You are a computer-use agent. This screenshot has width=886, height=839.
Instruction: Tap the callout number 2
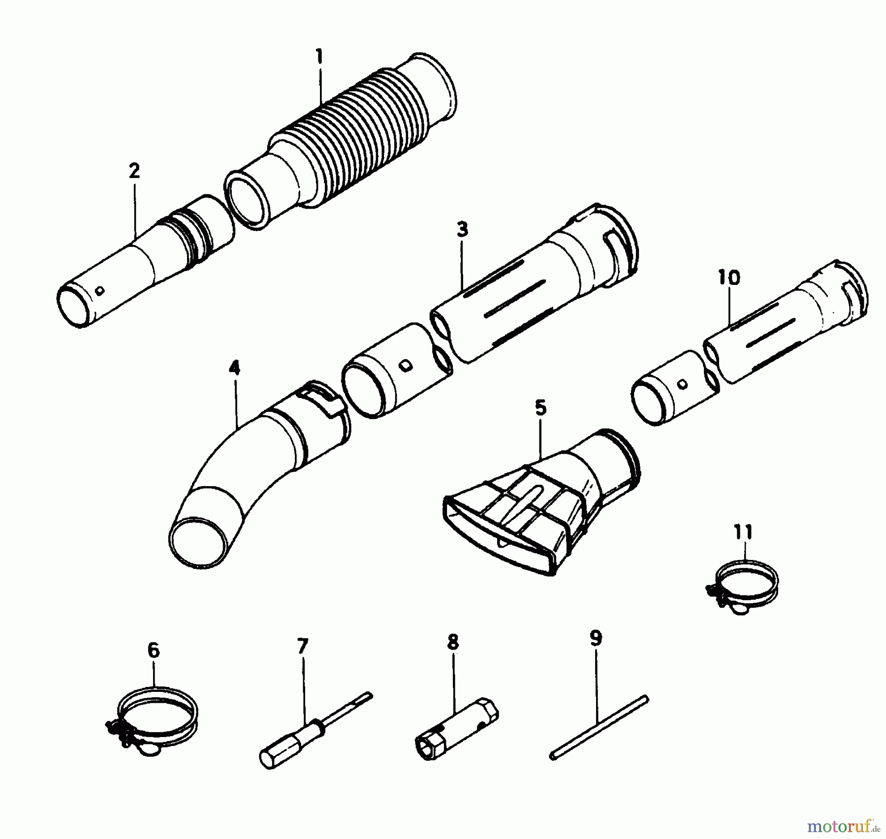[x=134, y=171]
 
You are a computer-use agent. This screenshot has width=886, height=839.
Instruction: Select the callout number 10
[x=729, y=278]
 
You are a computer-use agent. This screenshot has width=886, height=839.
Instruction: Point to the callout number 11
[x=743, y=532]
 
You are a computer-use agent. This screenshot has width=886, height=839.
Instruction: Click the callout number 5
[x=540, y=408]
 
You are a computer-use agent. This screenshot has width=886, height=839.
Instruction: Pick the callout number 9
[x=596, y=639]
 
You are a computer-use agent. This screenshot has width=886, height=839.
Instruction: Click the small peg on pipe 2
[x=100, y=290]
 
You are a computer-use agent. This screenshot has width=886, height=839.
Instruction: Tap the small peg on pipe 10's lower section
[x=682, y=384]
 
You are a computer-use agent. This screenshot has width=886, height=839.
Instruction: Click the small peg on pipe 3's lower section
[x=405, y=365]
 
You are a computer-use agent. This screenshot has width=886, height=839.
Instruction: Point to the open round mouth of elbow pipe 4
[x=203, y=541]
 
